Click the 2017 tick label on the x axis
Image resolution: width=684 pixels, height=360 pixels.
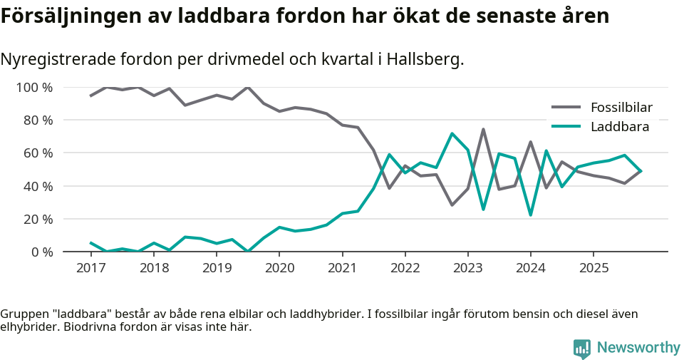pyautogui.click(x=90, y=269)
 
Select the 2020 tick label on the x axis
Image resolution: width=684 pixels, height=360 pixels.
pyautogui.click(x=279, y=269)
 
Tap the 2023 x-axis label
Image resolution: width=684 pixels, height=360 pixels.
pyautogui.click(x=467, y=269)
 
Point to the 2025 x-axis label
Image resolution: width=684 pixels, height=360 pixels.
pyautogui.click(x=593, y=269)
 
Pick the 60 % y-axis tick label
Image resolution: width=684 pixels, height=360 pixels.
pyautogui.click(x=38, y=153)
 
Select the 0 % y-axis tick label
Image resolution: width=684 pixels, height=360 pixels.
pyautogui.click(x=41, y=252)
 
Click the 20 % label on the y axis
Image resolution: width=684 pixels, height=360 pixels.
pyautogui.click(x=38, y=219)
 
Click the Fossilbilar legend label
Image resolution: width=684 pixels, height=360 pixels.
pyautogui.click(x=621, y=108)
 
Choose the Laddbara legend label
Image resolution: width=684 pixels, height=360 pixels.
pyautogui.click(x=619, y=127)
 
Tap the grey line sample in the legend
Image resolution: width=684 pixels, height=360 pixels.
pyautogui.click(x=566, y=108)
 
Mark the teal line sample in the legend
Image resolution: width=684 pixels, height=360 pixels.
pyautogui.click(x=566, y=127)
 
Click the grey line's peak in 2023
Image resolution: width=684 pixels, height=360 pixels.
pyautogui.click(x=483, y=130)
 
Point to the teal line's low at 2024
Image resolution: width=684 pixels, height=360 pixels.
pyautogui.click(x=530, y=215)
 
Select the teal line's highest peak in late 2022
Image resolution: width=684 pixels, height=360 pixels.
pyautogui.click(x=452, y=133)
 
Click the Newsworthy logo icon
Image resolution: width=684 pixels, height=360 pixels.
pyautogui.click(x=582, y=348)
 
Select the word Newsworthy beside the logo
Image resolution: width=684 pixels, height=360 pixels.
pyautogui.click(x=638, y=348)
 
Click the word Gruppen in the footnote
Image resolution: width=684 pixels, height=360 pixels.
pyautogui.click(x=23, y=314)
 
